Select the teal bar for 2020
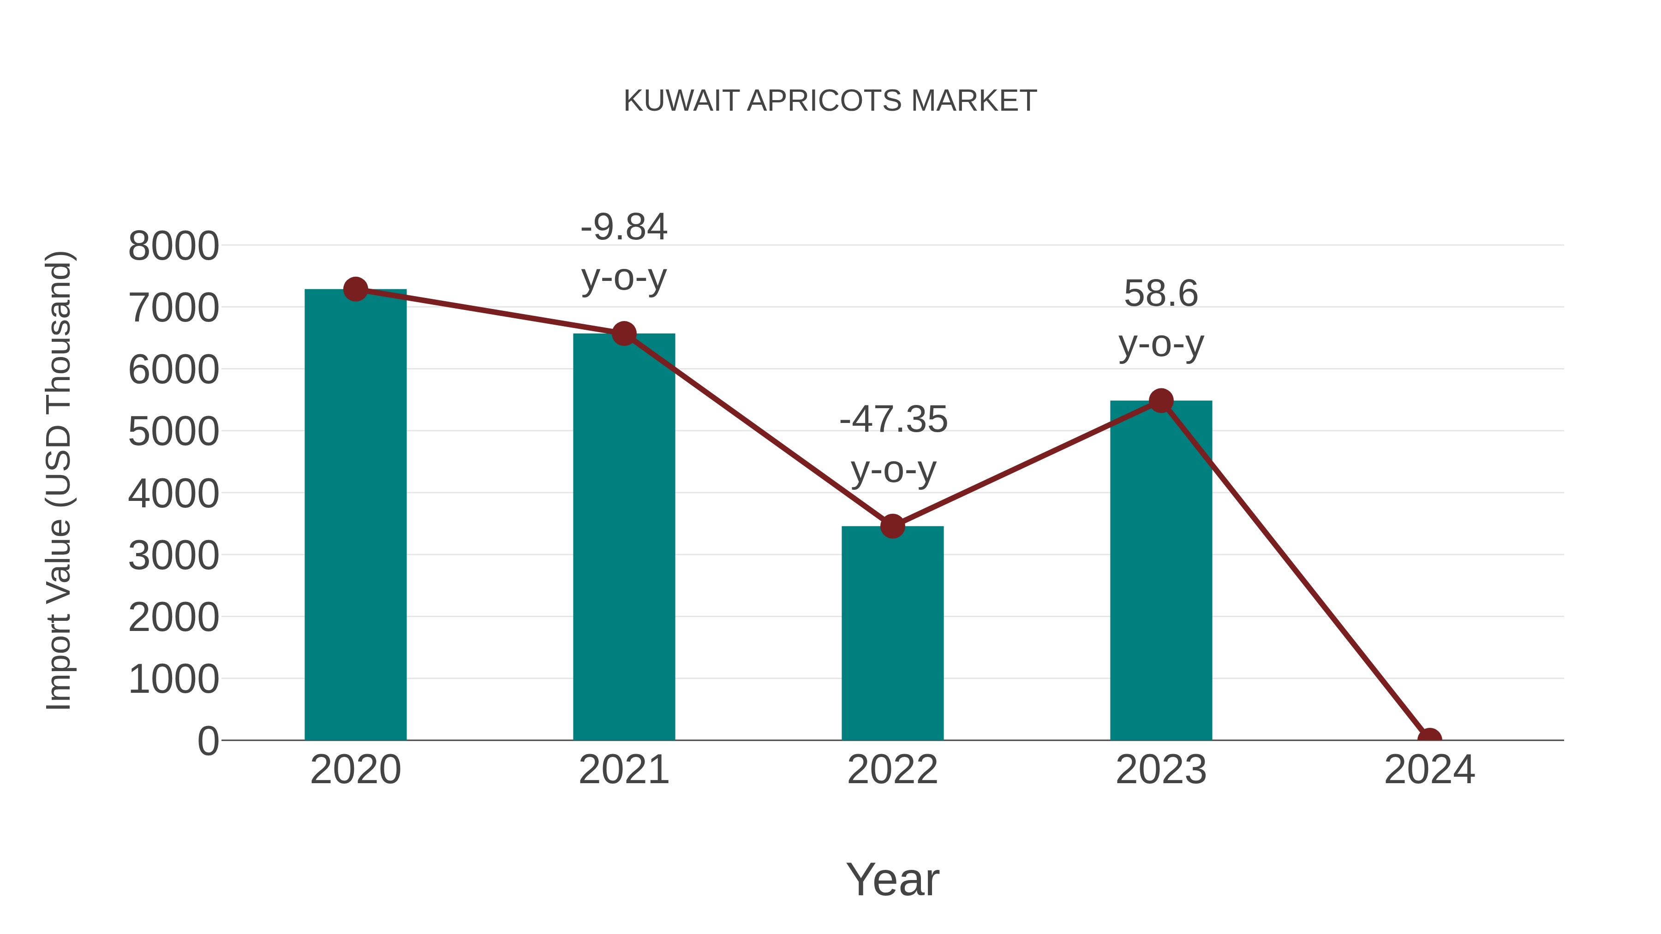point(355,516)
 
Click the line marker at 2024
point(1429,739)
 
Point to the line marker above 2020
point(355,289)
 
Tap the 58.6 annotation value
point(1161,294)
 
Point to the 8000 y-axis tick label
point(173,246)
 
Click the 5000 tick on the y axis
point(173,432)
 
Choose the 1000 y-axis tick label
point(173,679)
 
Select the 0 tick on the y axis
point(208,741)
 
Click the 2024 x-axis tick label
point(1429,770)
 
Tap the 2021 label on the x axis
point(623,770)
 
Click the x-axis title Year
point(892,879)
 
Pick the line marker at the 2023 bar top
point(1161,401)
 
